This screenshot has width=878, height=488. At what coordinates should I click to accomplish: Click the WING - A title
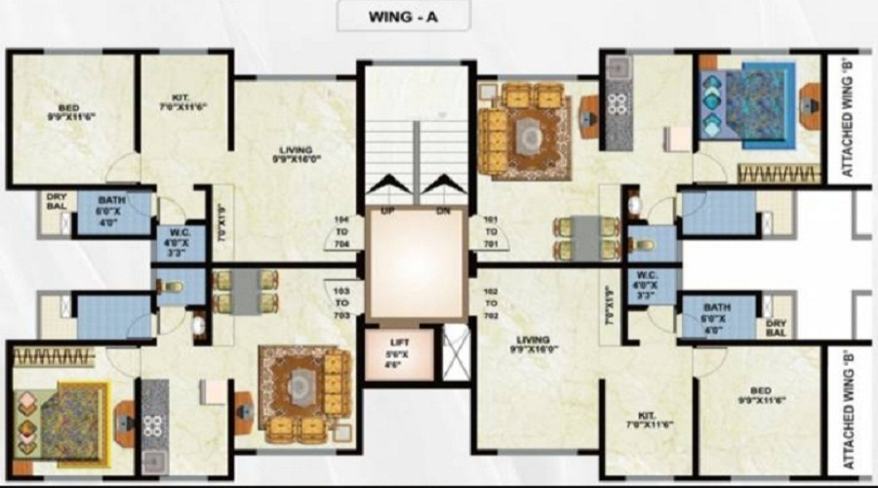pyautogui.click(x=403, y=17)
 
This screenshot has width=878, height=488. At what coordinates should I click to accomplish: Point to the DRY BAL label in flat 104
pyautogui.click(x=55, y=201)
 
